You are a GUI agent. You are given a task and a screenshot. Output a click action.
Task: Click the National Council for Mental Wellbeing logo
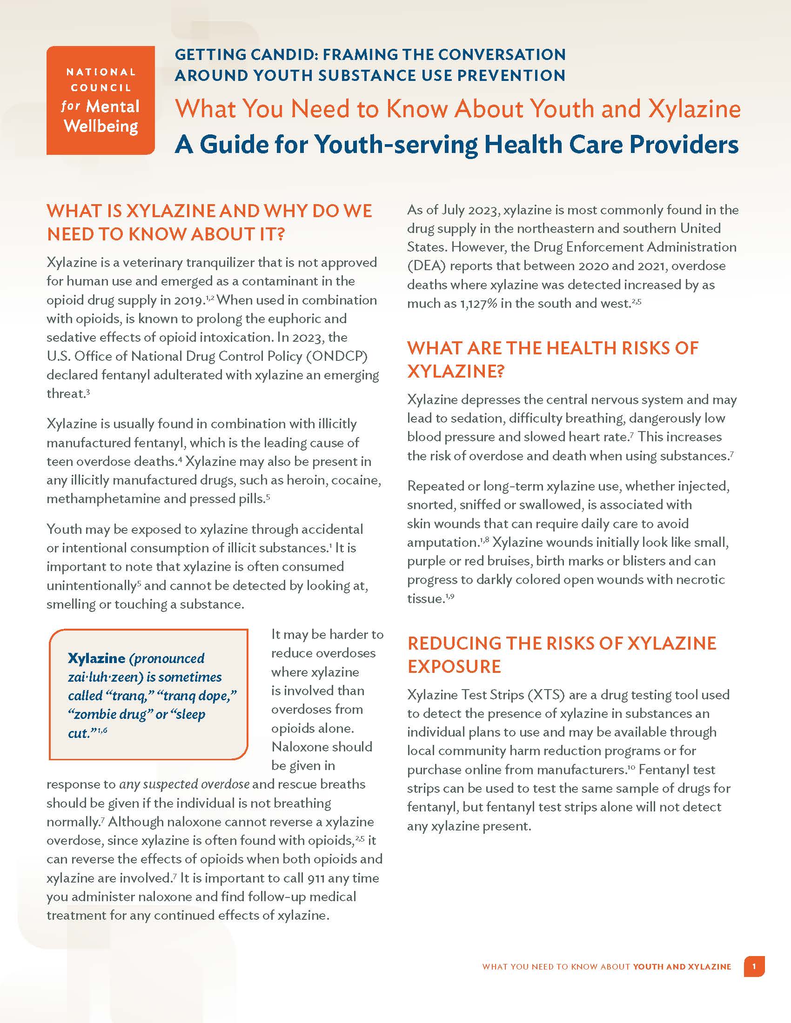[x=101, y=100]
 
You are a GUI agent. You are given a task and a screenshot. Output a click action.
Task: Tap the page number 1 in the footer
[x=754, y=966]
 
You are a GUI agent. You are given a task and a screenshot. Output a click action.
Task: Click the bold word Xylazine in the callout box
[x=96, y=658]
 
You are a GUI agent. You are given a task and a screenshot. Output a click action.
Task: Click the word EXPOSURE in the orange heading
[x=454, y=666]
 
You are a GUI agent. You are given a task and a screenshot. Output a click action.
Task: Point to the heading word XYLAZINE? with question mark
[x=456, y=372]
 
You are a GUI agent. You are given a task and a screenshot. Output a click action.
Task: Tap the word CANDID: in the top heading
[x=282, y=55]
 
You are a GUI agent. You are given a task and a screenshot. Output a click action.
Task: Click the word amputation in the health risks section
[x=442, y=542]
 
